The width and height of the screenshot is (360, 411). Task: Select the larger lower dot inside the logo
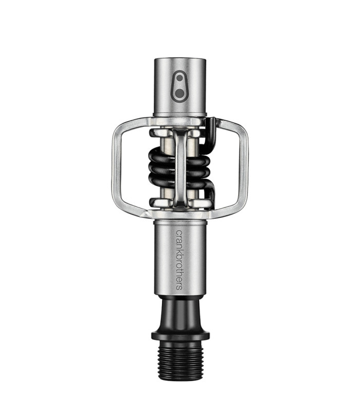[180, 92]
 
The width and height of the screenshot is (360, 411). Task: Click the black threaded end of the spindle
[179, 357]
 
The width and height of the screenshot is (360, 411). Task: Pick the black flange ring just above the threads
[179, 336]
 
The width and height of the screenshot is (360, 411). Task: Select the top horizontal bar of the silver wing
[154, 122]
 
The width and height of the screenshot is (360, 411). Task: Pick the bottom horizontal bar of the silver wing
[154, 211]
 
